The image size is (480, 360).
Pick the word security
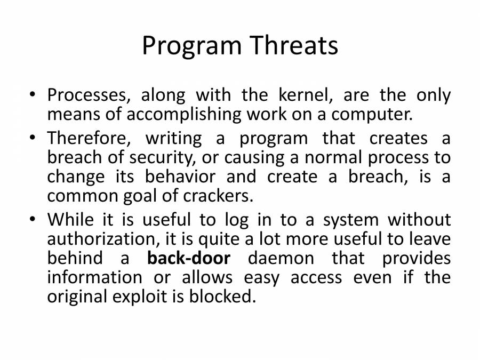point(180,157)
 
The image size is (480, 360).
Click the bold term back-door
point(188,258)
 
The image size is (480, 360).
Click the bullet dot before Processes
point(34,96)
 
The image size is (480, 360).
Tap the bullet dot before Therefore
point(34,139)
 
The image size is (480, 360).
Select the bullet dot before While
point(34,220)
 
